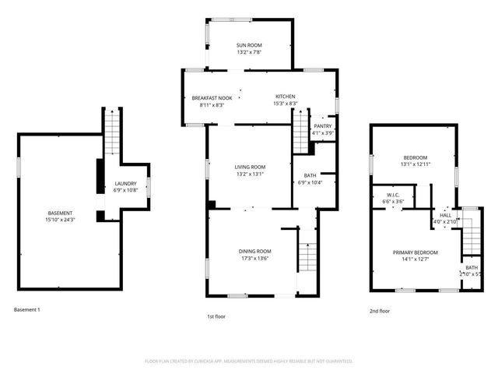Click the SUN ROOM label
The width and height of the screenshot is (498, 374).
[251, 46]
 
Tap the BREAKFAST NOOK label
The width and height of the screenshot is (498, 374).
[212, 97]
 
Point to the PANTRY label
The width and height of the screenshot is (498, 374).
[323, 126]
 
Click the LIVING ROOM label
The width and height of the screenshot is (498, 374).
[251, 167]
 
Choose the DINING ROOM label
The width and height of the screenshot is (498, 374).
[254, 251]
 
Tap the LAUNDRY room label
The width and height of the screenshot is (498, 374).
[126, 183]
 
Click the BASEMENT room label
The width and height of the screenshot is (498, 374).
[60, 213]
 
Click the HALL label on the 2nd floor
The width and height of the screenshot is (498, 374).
[446, 215]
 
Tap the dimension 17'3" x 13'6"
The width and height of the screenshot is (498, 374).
[254, 259]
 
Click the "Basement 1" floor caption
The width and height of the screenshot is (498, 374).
[27, 310]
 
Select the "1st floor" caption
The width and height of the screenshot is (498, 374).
[216, 317]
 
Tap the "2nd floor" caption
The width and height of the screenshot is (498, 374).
[380, 311]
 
